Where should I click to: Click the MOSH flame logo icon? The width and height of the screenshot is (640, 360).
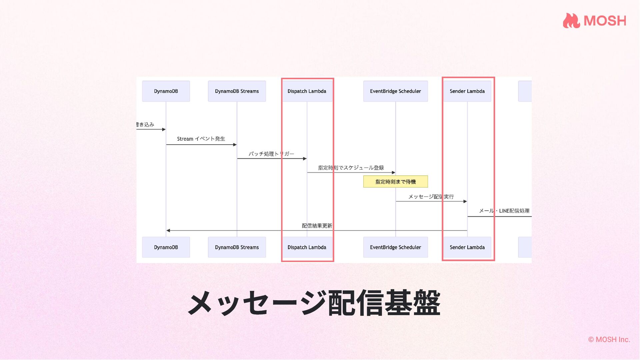coord(571,21)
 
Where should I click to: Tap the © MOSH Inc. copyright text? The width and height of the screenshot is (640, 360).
coord(609,339)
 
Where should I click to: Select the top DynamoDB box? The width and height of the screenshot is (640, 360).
coord(166,91)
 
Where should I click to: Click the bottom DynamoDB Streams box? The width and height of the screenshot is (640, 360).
coord(237,247)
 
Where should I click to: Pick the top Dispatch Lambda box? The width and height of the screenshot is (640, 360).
coord(307,91)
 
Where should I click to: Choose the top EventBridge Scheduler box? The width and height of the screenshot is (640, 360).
coord(395,91)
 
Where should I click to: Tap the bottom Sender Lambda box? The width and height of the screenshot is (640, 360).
coord(467,247)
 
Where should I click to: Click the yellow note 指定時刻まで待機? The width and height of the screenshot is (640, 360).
coord(395,182)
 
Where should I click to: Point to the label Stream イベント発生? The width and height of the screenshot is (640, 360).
coord(201,139)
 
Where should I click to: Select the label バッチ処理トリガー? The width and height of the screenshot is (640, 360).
coord(271,154)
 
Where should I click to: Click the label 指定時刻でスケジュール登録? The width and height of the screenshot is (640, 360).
coord(351,168)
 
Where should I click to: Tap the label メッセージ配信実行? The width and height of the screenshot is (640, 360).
coord(431,197)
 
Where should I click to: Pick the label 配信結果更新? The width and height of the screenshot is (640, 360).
coord(317,226)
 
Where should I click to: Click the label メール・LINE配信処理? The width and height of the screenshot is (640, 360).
coord(504,211)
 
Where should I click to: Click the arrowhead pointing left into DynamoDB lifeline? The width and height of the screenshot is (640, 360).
coord(168,230)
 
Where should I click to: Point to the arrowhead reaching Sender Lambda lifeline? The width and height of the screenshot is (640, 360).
coord(465,201)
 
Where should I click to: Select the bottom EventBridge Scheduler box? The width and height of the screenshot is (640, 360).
coord(395,247)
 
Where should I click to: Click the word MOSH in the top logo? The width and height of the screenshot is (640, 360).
coord(605,21)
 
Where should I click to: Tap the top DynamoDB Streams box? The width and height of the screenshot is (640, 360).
coord(237,91)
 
